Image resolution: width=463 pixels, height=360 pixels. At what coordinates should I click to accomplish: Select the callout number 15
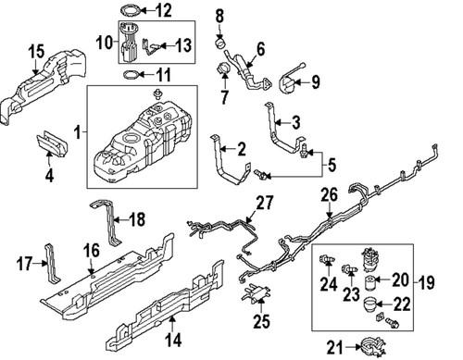point(36,49)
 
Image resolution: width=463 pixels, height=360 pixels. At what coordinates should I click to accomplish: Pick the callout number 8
point(219,16)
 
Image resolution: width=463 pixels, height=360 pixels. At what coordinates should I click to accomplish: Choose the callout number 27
point(265,203)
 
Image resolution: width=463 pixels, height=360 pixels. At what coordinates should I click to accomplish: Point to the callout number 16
point(92,250)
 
